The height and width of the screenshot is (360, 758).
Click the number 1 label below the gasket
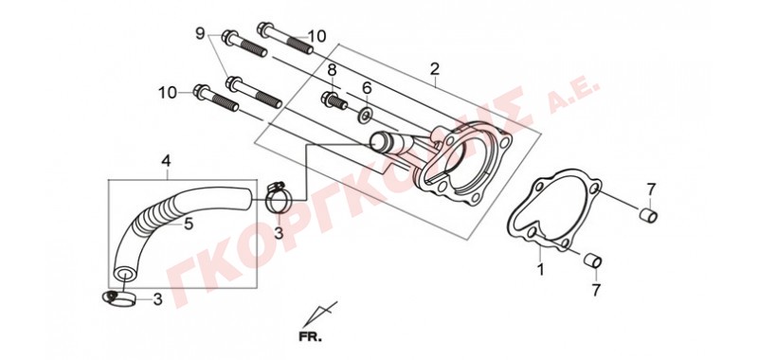540,270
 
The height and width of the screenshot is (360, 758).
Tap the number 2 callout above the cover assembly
435,69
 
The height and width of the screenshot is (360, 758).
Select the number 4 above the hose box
166,161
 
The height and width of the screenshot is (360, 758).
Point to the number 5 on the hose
189,224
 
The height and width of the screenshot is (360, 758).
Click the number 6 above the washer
367,88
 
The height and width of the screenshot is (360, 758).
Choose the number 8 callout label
332,70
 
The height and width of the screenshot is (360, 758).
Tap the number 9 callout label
200,34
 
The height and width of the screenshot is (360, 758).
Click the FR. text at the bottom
310,337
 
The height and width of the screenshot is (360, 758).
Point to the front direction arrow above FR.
319,315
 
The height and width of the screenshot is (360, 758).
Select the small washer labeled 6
366,116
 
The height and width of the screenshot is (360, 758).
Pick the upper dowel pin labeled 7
649,215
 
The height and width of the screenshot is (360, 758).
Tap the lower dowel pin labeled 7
593,260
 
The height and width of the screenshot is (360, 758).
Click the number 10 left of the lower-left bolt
168,92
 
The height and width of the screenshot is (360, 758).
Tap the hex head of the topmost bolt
264,29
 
